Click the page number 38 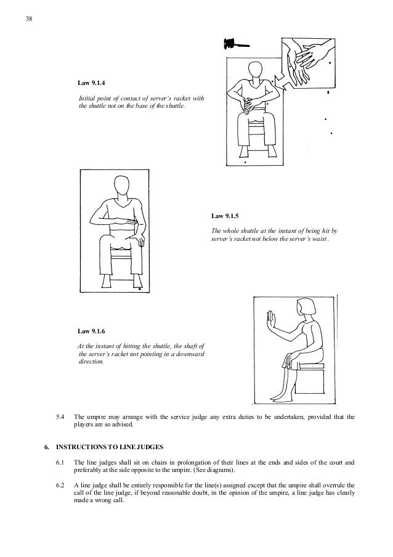tap(28, 18)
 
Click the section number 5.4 tap(60, 417)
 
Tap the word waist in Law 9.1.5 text tap(320, 239)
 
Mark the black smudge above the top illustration tap(237, 44)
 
